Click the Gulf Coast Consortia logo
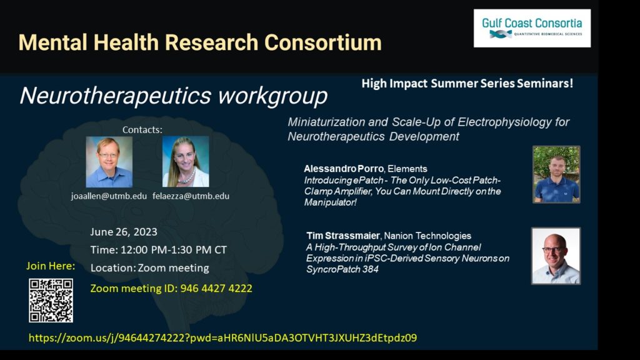click(532, 28)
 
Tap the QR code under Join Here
click(51, 301)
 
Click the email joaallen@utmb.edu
click(109, 196)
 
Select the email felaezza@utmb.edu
click(191, 196)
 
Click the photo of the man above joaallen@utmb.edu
click(109, 162)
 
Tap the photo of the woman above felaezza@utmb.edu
click(186, 162)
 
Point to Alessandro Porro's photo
click(556, 174)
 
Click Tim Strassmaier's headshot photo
click(556, 256)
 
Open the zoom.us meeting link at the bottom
click(223, 338)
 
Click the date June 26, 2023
click(124, 232)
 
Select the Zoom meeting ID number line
click(171, 288)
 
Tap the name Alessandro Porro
click(344, 169)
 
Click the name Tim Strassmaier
click(343, 236)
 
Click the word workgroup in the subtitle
click(272, 96)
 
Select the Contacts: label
click(142, 130)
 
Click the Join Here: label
click(51, 266)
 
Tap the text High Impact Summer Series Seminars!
click(467, 83)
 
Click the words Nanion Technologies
click(427, 236)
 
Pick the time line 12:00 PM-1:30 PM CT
click(158, 250)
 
